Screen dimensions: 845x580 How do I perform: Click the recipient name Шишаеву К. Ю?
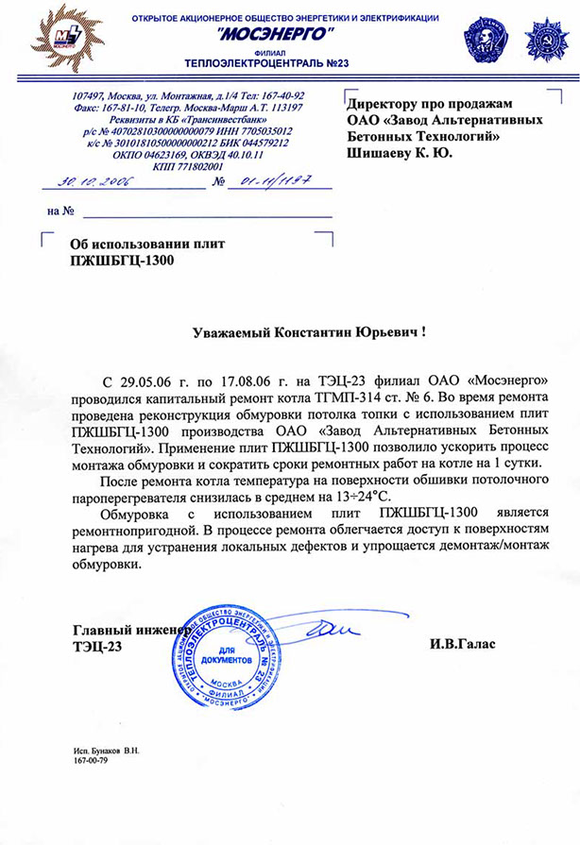[401, 151]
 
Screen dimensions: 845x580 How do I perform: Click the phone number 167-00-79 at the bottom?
[91, 759]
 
